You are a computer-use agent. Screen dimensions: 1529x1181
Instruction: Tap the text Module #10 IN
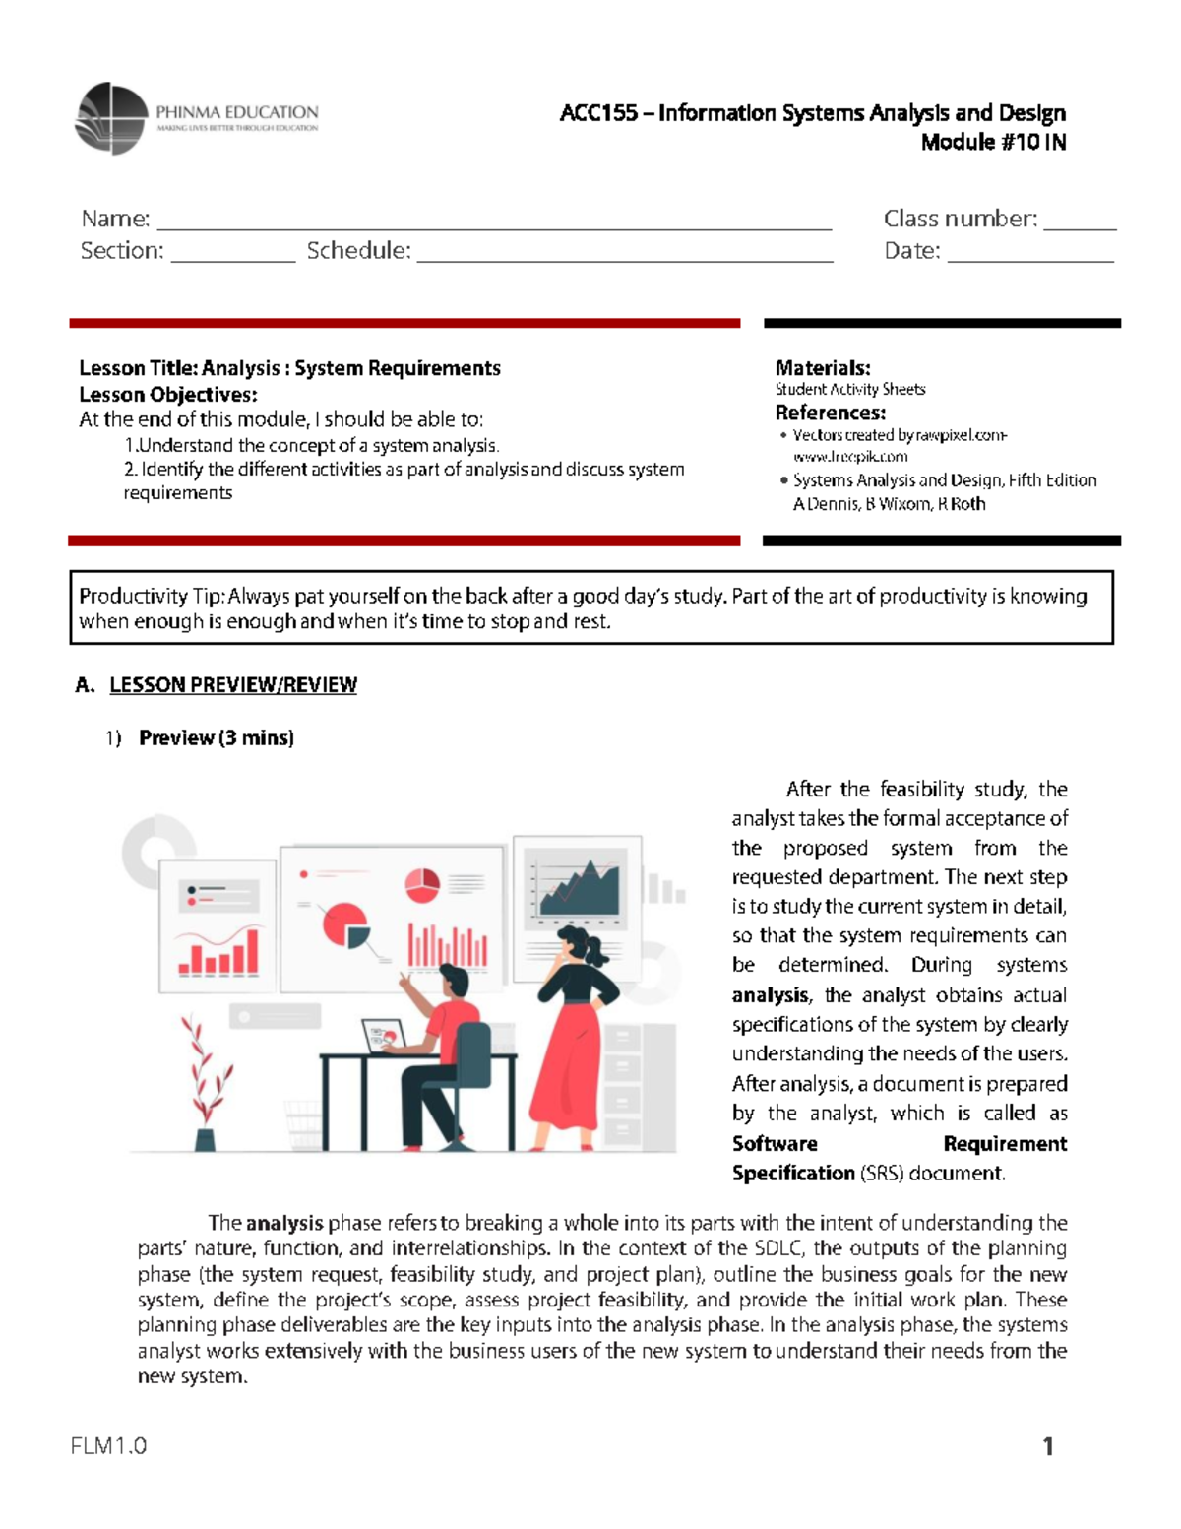pos(992,143)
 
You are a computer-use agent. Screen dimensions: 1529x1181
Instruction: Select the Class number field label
pos(960,219)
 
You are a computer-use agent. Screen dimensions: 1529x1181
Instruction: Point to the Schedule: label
pos(358,251)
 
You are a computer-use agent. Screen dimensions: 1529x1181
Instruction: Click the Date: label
pos(911,251)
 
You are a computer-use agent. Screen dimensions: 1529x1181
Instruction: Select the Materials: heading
pos(822,368)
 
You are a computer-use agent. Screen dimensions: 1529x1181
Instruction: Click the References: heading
pos(830,413)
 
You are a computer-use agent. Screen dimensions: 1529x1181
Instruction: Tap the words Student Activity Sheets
pos(849,390)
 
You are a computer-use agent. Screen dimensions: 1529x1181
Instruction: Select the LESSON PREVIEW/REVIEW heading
pos(232,685)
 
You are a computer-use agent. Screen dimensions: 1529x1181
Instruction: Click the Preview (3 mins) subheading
pos(216,738)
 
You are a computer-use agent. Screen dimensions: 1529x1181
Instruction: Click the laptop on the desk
pos(384,1036)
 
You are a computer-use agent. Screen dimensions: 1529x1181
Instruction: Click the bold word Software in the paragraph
pos(775,1144)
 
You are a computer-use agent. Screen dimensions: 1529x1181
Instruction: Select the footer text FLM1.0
pos(108,1446)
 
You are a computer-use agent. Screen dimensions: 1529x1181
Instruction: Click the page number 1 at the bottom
pos(1048,1446)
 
